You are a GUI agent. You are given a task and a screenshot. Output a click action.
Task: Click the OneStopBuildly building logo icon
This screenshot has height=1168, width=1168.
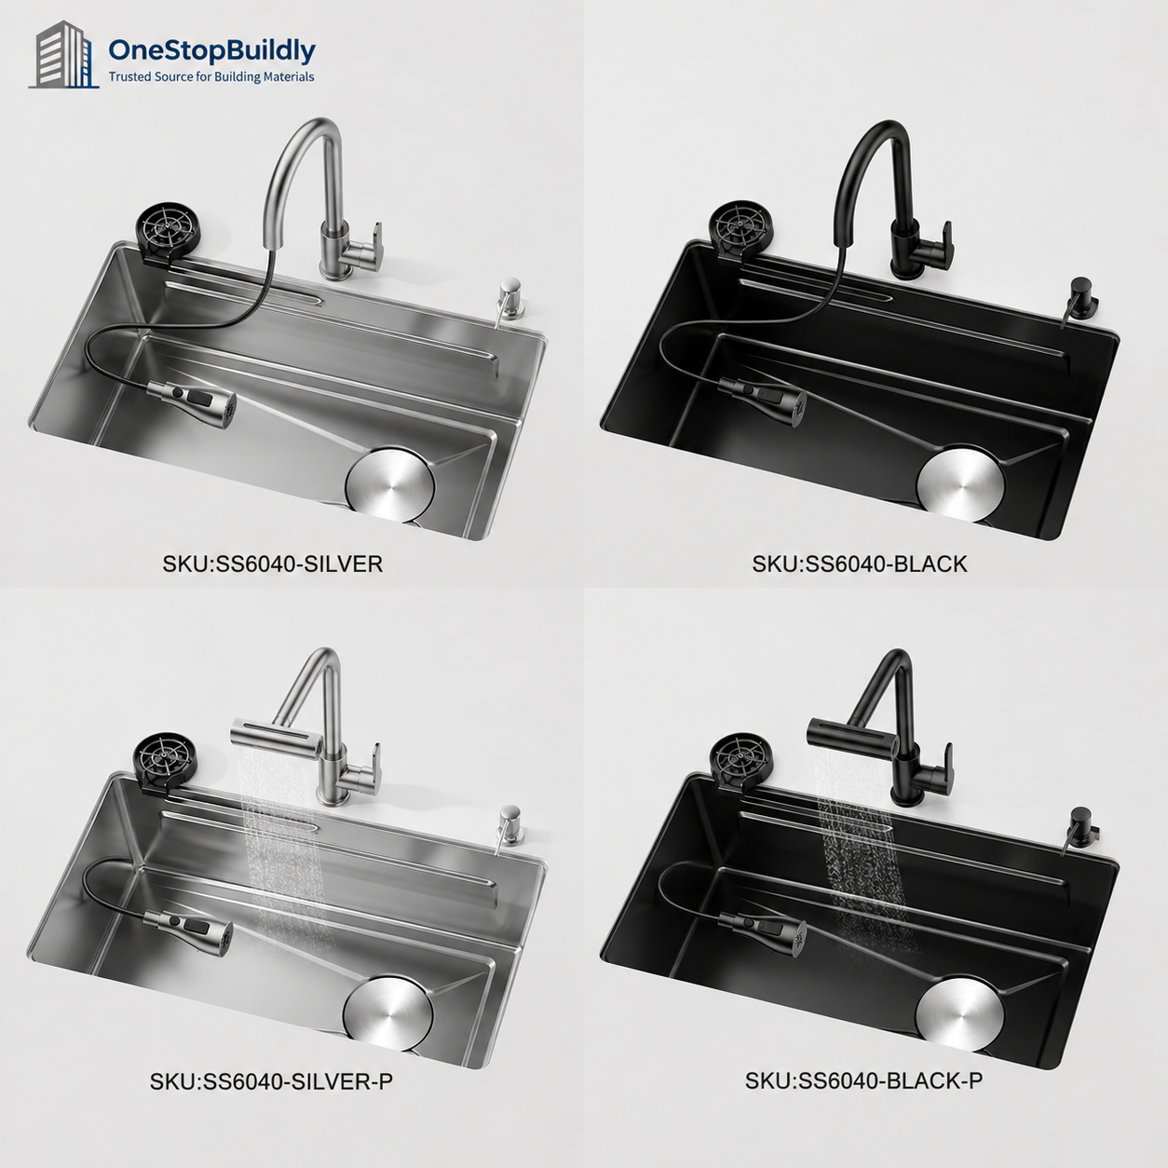click(63, 55)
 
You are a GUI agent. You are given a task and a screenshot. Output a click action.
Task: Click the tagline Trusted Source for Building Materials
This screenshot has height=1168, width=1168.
click(211, 77)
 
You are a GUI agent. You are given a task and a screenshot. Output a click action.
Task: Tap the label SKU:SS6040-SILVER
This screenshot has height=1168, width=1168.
click(272, 564)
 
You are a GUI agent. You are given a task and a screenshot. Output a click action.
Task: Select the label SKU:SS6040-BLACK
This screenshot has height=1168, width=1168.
click(860, 564)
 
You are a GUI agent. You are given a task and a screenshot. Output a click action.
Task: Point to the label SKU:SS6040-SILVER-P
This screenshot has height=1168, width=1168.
click(271, 1082)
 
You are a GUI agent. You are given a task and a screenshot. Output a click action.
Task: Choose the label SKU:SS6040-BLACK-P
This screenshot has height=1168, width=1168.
click(863, 1080)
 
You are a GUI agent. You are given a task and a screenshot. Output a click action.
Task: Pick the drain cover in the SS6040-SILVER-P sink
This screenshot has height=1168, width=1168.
click(387, 1012)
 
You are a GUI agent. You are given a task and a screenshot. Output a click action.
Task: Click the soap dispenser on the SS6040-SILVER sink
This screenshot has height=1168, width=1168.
click(509, 300)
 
